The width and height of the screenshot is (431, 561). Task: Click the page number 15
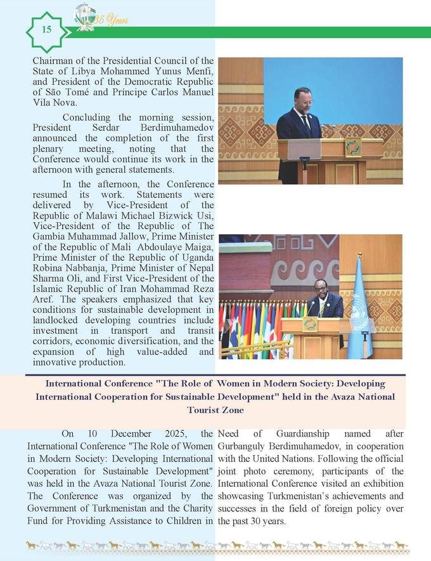(46, 30)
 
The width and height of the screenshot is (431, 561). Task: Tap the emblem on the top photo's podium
(353, 147)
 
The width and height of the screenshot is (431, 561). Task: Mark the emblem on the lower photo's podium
(311, 324)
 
